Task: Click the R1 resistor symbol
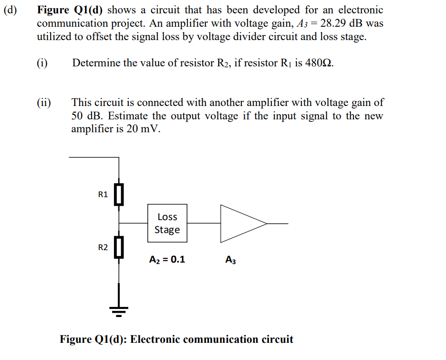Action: [119, 194]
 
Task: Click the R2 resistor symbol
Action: [119, 247]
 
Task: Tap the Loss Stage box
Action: [167, 223]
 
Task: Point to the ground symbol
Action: [119, 310]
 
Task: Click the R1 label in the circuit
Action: [103, 194]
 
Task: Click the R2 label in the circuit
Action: [103, 247]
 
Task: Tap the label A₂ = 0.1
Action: [167, 260]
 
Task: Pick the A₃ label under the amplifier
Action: [230, 260]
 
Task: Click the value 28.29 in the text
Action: [332, 23]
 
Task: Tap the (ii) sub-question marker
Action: [45, 102]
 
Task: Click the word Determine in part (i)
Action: [96, 64]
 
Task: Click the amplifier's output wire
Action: [277, 223]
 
